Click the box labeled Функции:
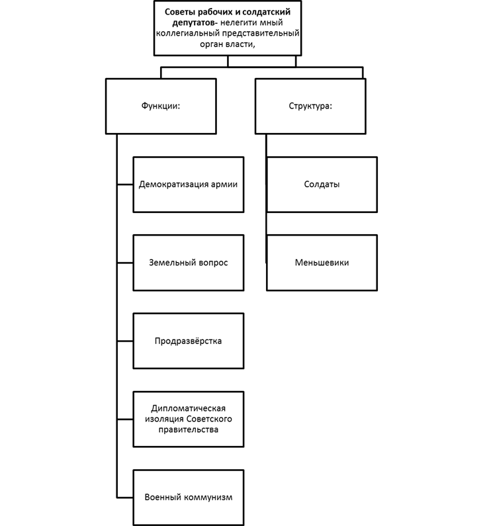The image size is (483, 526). [x=161, y=106]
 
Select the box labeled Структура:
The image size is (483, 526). [x=310, y=106]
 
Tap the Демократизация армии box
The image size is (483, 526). [x=189, y=185]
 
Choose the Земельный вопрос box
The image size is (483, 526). [x=189, y=263]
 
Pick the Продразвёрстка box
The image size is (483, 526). [x=189, y=341]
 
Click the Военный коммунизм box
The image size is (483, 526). [x=189, y=497]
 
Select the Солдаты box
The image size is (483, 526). [x=322, y=185]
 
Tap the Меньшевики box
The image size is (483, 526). [x=322, y=263]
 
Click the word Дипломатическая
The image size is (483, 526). [x=189, y=408]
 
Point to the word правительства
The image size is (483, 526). [x=189, y=429]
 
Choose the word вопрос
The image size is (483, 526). [x=214, y=263]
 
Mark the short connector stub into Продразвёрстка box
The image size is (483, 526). [x=125, y=341]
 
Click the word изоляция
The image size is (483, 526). [x=162, y=419]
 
